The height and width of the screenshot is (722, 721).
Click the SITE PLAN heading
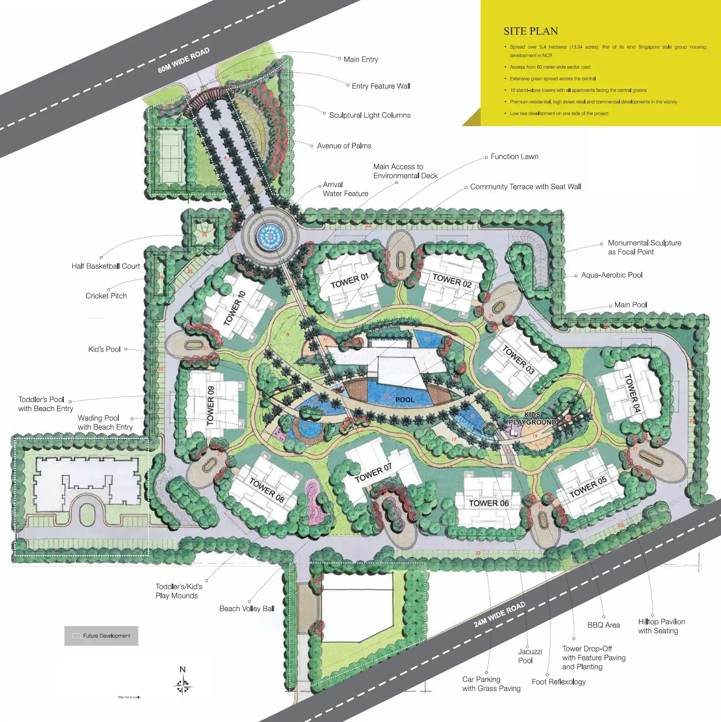click(531, 31)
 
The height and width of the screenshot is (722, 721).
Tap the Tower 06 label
click(489, 503)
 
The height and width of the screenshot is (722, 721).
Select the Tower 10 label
click(234, 308)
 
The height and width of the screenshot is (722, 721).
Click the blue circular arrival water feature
click(270, 236)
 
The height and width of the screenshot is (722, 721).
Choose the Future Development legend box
click(101, 636)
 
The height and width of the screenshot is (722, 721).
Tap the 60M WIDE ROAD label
click(183, 60)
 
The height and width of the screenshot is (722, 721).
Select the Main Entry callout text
click(360, 60)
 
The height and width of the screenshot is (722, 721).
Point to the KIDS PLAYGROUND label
click(532, 418)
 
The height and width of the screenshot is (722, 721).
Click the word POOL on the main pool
click(404, 400)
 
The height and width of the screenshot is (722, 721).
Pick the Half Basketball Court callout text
click(106, 266)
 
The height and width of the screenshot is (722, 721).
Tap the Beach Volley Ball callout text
click(247, 609)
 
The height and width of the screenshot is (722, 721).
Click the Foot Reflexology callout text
click(558, 682)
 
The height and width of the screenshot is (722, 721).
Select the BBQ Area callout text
click(603, 625)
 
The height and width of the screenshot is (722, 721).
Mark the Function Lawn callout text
click(514, 157)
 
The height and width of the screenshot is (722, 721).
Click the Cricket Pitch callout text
click(106, 296)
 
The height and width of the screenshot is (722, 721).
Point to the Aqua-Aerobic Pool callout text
click(612, 275)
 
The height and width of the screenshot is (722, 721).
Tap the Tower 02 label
click(452, 281)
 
